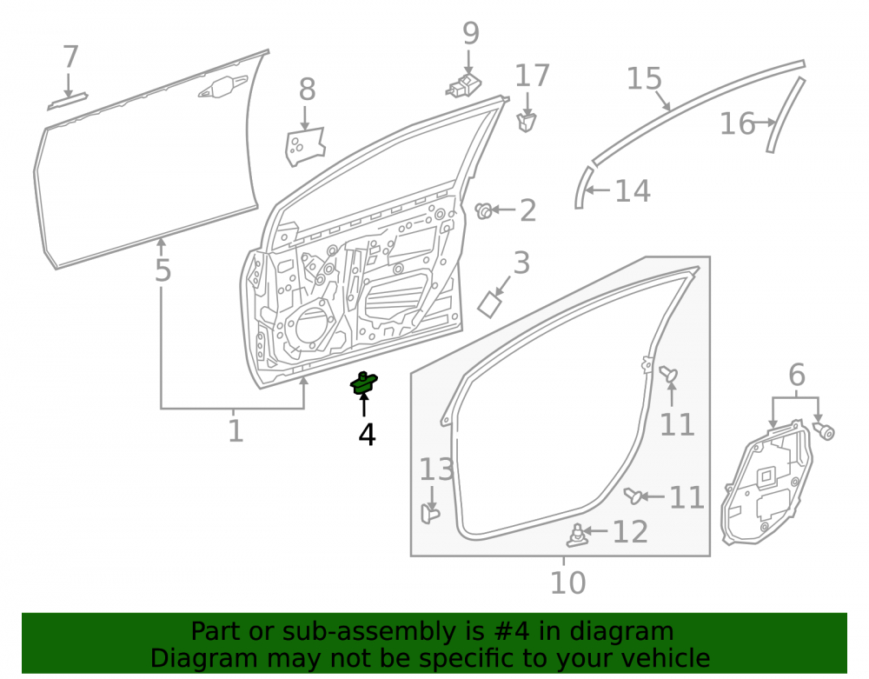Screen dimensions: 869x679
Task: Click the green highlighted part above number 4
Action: pos(363,384)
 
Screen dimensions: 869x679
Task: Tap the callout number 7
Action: pos(70,57)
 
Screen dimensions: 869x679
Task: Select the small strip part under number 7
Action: pos(68,102)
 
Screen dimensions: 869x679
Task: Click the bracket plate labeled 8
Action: pos(305,146)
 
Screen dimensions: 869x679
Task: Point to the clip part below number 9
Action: pos(464,86)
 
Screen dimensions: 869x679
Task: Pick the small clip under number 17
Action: pos(526,122)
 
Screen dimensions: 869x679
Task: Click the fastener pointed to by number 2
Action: pos(484,210)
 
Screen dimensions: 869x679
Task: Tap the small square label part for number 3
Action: pos(490,304)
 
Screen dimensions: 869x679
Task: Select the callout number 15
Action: pos(644,78)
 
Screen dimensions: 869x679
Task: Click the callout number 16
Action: pos(737,123)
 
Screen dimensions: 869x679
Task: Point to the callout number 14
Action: pos(633,191)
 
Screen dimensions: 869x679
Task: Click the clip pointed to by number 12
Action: pos(576,535)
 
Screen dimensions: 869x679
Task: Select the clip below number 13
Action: pos(429,513)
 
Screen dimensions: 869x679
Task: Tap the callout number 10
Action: pos(567,582)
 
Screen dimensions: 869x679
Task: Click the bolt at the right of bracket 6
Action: pos(824,430)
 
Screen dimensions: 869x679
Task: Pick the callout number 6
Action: pos(797,376)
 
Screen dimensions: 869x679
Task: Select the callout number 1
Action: pos(235,430)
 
